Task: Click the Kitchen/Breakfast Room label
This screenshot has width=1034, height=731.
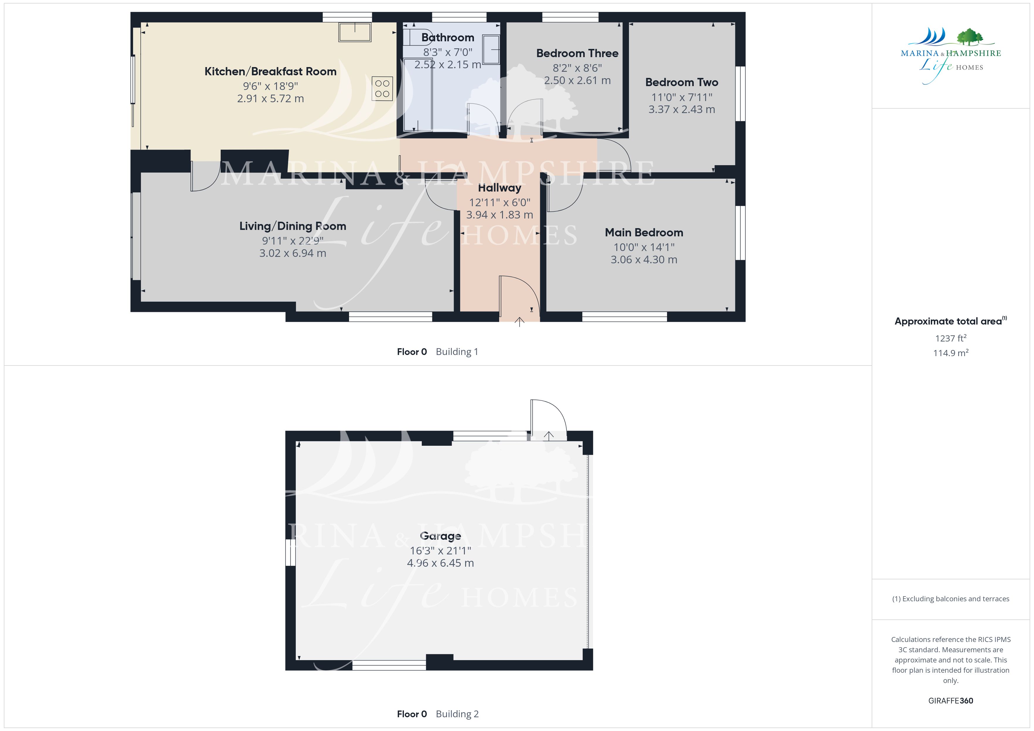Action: click(270, 71)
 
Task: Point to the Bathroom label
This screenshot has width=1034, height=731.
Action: click(448, 37)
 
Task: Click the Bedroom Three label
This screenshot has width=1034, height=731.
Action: click(577, 53)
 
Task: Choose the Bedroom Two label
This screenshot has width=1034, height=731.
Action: click(681, 82)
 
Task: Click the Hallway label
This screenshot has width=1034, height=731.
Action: click(499, 188)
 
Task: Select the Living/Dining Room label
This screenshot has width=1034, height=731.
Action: click(293, 226)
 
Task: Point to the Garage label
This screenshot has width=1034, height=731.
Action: click(441, 536)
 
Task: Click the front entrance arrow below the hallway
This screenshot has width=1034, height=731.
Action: click(519, 321)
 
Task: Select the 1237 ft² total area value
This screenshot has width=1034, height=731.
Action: click(951, 338)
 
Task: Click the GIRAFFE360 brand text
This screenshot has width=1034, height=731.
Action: click(951, 701)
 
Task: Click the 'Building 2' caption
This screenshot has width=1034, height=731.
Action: click(457, 714)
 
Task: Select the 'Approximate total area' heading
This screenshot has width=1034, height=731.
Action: click(948, 321)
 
